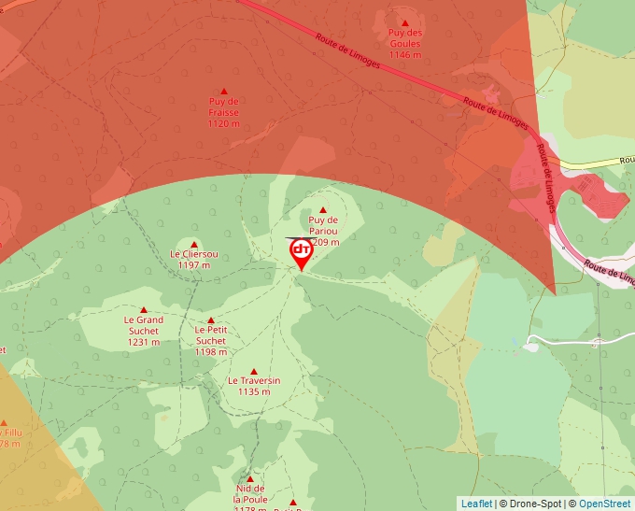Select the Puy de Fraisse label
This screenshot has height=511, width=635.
[x=224, y=112]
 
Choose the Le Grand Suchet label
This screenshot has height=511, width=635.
[x=144, y=325]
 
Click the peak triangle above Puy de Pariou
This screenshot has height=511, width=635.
[x=324, y=210]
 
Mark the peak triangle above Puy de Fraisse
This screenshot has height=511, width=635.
[x=224, y=91]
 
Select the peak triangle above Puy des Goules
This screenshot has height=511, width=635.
[x=405, y=22]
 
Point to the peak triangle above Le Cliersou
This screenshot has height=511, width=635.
[x=194, y=245]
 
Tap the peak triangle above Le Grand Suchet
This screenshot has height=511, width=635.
[x=144, y=310]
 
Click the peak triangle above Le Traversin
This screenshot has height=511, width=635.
[x=254, y=372]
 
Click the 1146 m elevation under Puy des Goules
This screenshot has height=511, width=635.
[x=405, y=55]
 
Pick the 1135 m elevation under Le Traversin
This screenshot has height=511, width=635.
[x=254, y=392]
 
